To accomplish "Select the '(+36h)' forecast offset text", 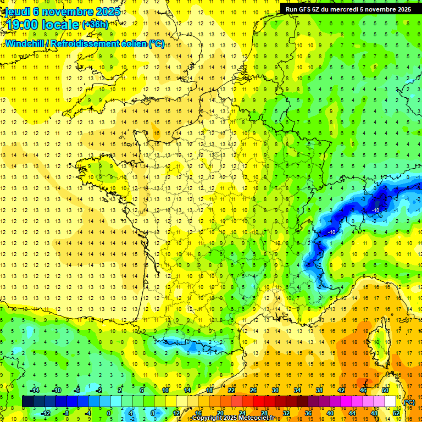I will (x=95, y=25).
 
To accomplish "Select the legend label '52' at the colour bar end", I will (x=396, y=413).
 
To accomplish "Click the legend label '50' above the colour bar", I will (x=385, y=390).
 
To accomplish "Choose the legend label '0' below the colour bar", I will (x=109, y=413).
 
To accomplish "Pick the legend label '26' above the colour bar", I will (x=253, y=390).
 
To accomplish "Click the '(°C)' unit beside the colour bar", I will (x=409, y=402).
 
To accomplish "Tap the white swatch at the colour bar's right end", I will (x=391, y=402).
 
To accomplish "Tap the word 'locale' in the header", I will (x=60, y=25).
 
